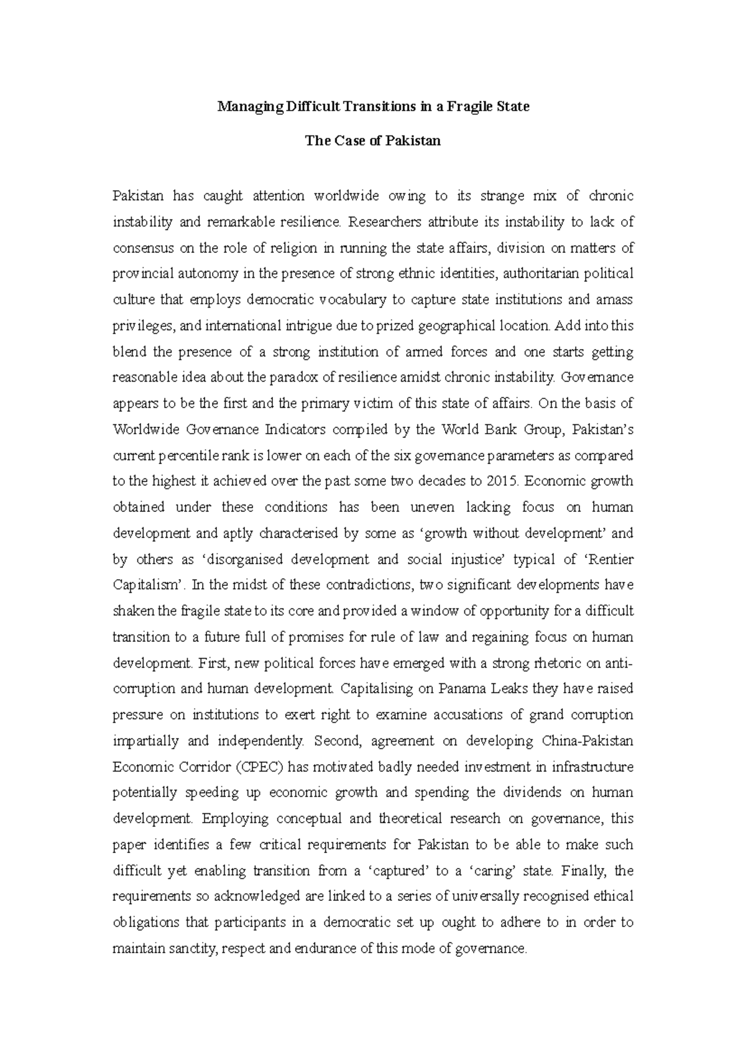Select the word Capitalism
(x=149, y=585)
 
